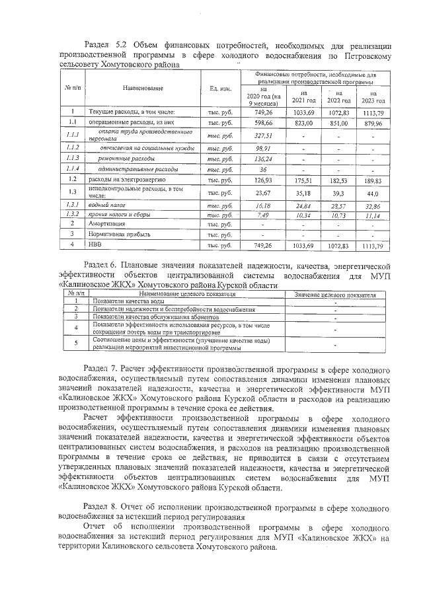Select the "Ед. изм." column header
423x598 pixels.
click(x=219, y=89)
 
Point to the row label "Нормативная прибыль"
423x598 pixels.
click(x=121, y=235)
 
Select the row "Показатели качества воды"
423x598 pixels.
click(x=130, y=301)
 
